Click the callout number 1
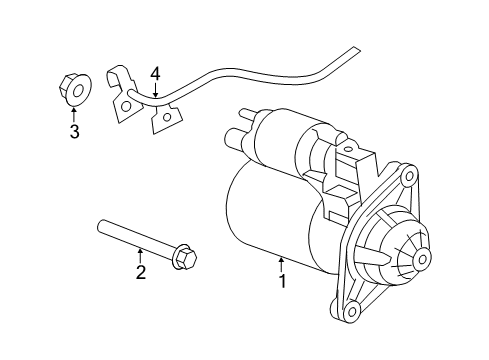click(282, 282)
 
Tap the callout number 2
click(140, 272)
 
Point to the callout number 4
click(155, 73)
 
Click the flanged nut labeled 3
click(72, 89)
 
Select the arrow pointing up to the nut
click(73, 113)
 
